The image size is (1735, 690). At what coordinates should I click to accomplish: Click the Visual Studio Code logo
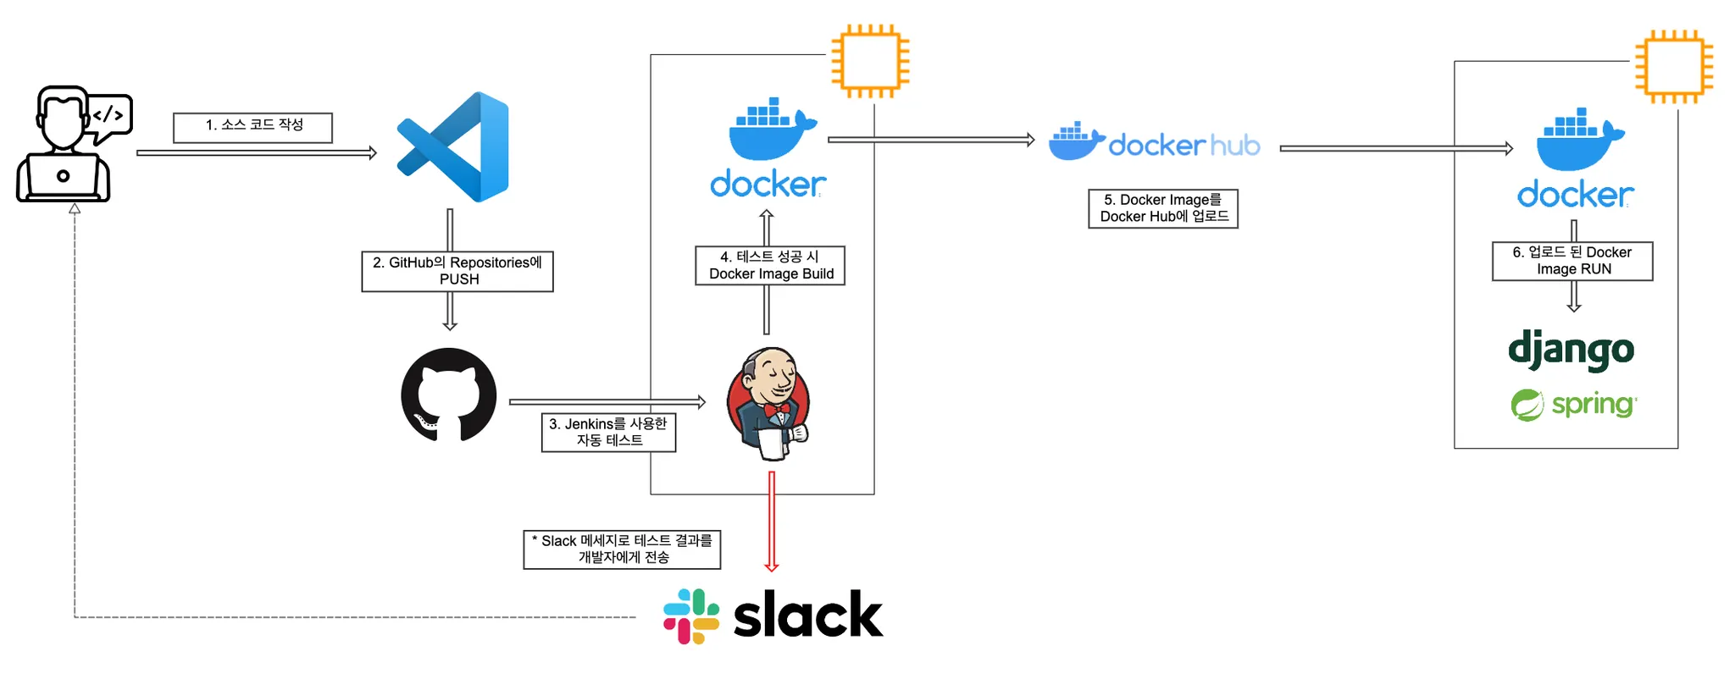point(453,147)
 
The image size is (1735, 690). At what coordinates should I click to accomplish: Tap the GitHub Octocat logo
point(449,395)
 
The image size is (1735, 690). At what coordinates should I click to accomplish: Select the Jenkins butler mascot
point(769,402)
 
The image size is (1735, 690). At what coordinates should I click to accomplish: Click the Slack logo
point(773,615)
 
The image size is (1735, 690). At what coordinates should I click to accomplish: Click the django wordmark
point(1571,350)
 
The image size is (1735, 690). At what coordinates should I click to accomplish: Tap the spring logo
point(1573,405)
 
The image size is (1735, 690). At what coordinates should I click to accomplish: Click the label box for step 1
point(252,127)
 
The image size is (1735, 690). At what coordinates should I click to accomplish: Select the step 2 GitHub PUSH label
point(457,271)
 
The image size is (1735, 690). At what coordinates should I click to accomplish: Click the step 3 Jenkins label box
point(608,432)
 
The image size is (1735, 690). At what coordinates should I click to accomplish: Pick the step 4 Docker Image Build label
point(770,265)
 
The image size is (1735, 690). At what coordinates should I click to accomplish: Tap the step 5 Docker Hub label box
point(1163,208)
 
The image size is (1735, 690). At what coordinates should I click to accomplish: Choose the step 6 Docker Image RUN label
point(1572,261)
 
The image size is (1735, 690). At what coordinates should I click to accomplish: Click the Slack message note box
point(622,549)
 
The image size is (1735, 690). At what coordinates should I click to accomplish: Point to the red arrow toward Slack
point(771,521)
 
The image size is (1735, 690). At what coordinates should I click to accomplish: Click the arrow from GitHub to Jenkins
point(607,402)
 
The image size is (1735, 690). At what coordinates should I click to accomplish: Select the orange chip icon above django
point(1674,67)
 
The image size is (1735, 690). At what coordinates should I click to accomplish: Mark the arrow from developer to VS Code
point(256,153)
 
